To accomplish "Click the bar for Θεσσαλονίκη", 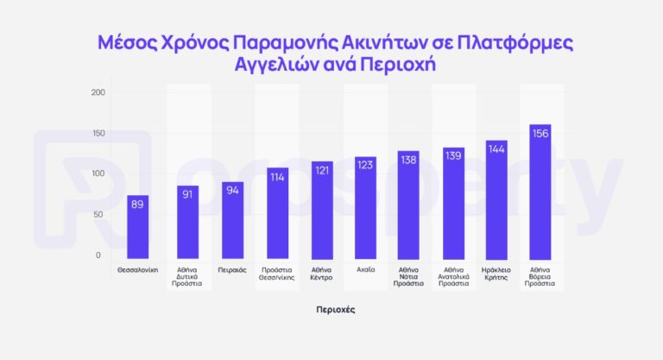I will pyautogui.click(x=138, y=226).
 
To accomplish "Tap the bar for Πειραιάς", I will pyautogui.click(x=232, y=220).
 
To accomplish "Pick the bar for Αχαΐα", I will pyautogui.click(x=365, y=207).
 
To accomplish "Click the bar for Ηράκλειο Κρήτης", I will pyautogui.click(x=496, y=199).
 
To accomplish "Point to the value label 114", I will pyautogui.click(x=277, y=177).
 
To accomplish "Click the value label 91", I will pyautogui.click(x=188, y=194).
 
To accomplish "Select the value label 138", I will pyautogui.click(x=409, y=160).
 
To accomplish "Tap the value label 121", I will pyautogui.click(x=322, y=170).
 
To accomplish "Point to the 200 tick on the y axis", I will pyautogui.click(x=98, y=93).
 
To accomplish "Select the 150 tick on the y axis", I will pyautogui.click(x=98, y=134).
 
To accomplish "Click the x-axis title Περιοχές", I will pyautogui.click(x=335, y=308).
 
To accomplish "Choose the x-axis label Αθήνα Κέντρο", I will pyautogui.click(x=321, y=275).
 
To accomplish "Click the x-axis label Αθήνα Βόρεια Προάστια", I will pyautogui.click(x=540, y=276).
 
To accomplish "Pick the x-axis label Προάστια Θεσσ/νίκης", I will pyautogui.click(x=276, y=275).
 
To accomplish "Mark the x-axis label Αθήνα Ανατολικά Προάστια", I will pyautogui.click(x=453, y=276).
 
